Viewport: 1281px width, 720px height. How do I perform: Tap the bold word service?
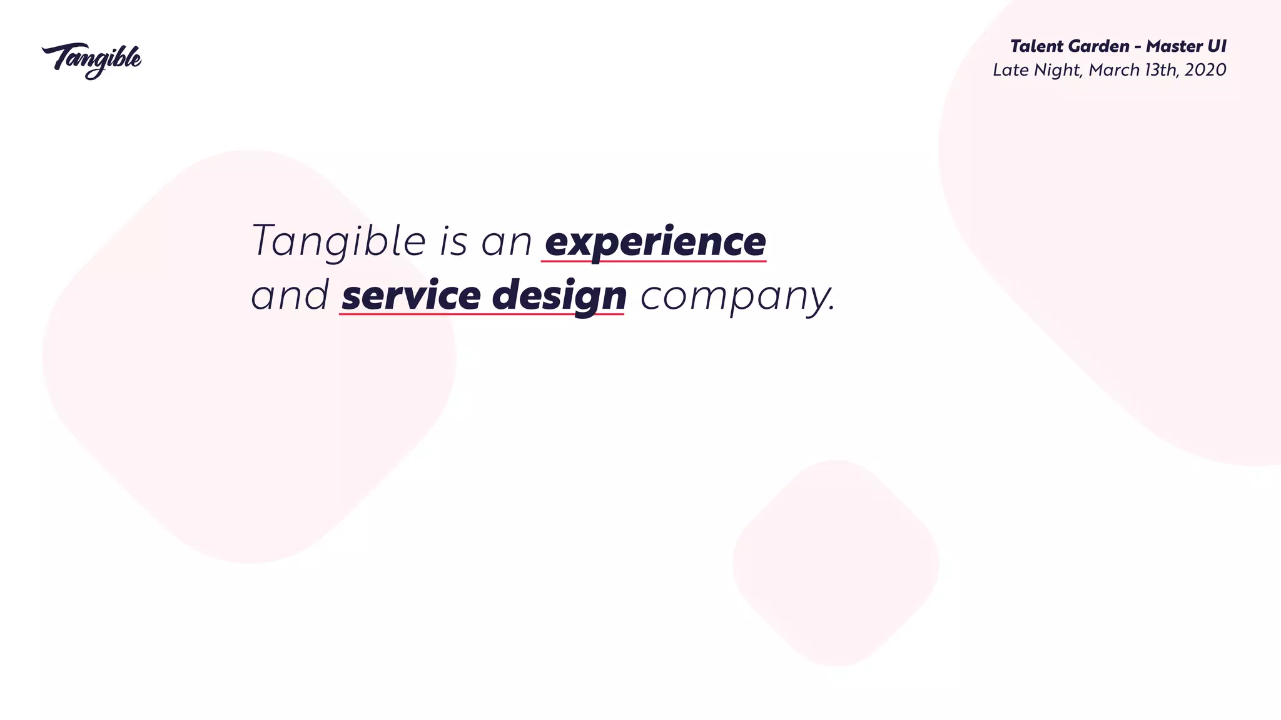[x=411, y=296]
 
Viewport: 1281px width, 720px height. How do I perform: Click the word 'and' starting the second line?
[x=290, y=296]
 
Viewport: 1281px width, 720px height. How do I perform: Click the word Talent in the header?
[x=1036, y=46]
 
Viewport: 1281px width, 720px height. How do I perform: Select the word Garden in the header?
[x=1099, y=46]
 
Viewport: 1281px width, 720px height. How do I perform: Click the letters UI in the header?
[x=1218, y=46]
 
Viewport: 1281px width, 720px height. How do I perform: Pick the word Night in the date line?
[x=1057, y=71]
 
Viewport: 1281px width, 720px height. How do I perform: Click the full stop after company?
[x=831, y=309]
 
